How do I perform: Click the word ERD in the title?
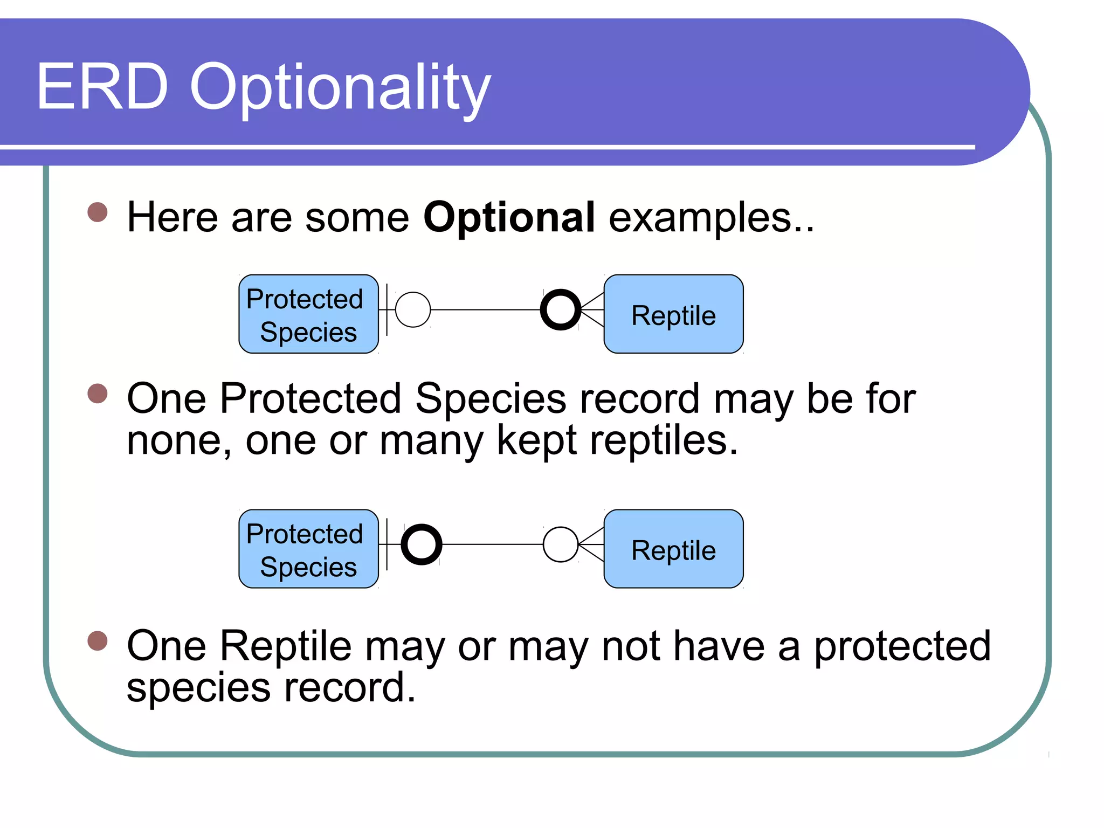[102, 87]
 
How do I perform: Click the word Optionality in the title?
[340, 89]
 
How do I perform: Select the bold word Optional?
[509, 217]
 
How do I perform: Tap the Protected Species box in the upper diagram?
[308, 314]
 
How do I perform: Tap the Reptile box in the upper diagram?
[673, 314]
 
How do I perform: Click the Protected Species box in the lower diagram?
[308, 549]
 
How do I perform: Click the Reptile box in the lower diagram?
[673, 549]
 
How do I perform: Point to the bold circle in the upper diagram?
[561, 310]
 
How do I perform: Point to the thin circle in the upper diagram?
[413, 310]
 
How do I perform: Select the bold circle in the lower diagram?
[422, 544]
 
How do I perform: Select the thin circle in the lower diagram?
[561, 544]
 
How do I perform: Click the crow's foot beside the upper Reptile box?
[593, 310]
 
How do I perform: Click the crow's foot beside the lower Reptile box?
[592, 544]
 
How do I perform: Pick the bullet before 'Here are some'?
[98, 212]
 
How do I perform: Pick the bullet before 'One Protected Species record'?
[98, 393]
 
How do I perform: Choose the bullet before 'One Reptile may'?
[98, 641]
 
